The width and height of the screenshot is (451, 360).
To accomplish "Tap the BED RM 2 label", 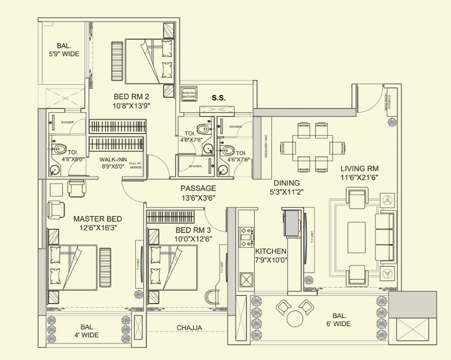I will (x=131, y=97).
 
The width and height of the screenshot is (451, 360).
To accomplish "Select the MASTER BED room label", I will (x=98, y=219).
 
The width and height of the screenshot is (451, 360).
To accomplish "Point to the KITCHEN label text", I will (x=270, y=251).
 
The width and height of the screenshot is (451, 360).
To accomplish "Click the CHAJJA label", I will (x=189, y=327).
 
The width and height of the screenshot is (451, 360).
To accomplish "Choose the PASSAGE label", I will (x=198, y=188).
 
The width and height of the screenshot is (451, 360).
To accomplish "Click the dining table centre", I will (x=313, y=148).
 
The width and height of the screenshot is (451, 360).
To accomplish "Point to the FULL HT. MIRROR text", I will (x=135, y=165).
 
